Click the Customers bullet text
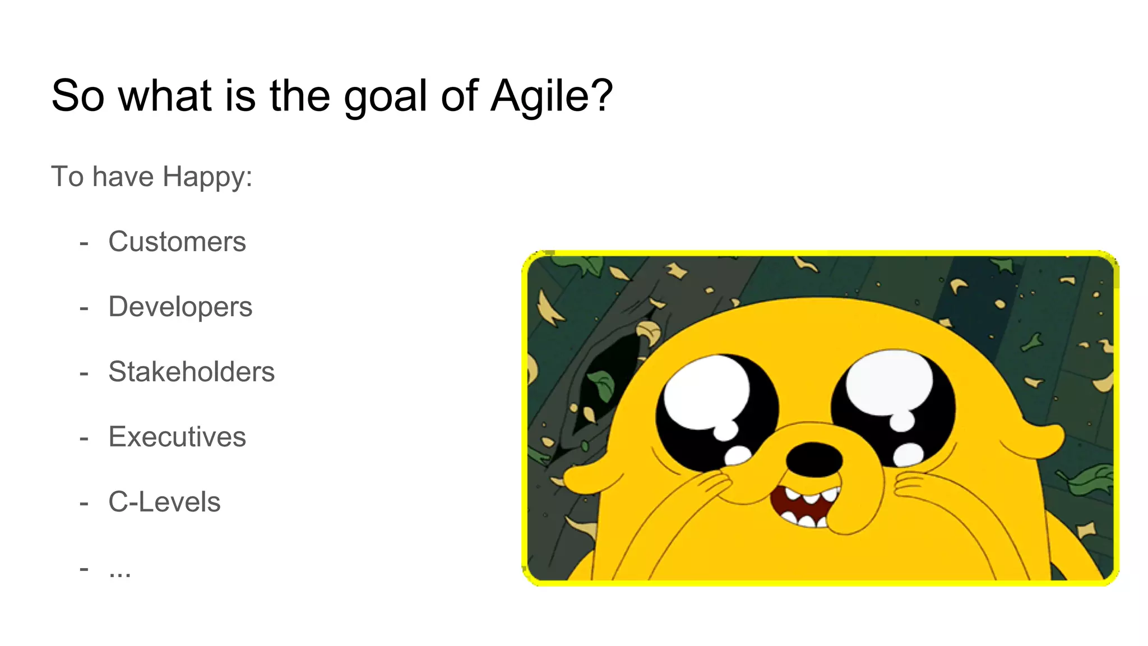coord(177,242)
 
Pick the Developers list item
coord(180,307)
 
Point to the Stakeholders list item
coord(191,372)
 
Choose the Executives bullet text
coord(177,437)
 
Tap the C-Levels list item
coord(164,502)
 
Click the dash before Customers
coord(84,243)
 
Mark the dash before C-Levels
coord(84,504)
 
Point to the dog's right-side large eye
coord(892,407)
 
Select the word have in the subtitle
coord(123,177)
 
